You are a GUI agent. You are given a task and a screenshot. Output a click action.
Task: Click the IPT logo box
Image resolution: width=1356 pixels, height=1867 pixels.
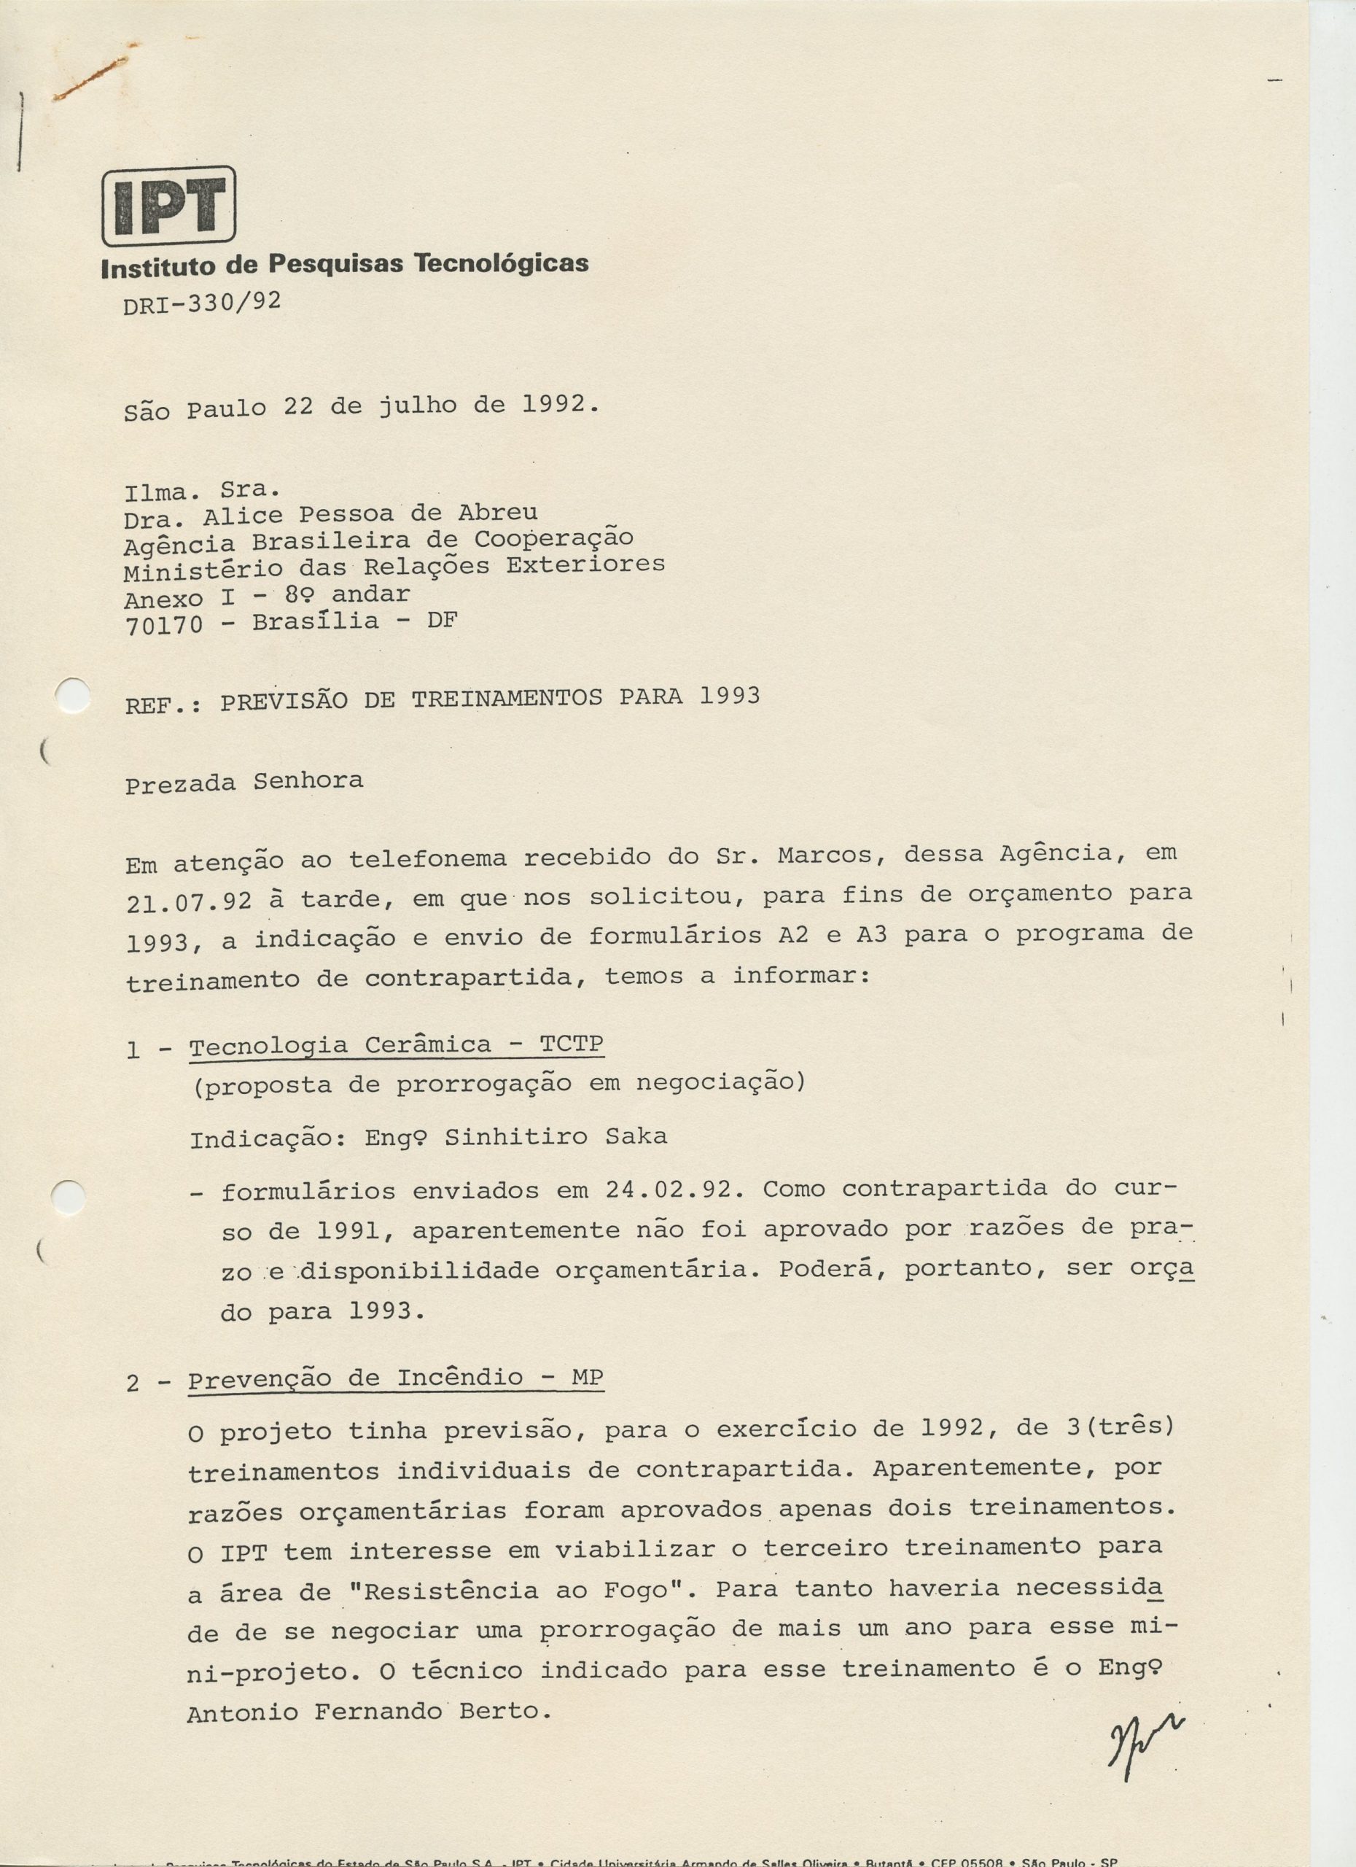pos(168,205)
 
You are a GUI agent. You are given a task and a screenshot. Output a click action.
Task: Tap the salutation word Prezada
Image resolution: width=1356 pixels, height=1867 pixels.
pos(180,784)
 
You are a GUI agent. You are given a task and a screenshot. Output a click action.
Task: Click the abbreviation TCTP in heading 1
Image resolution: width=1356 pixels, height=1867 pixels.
pos(571,1044)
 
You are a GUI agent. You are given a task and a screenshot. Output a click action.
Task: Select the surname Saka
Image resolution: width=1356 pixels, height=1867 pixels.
pos(636,1137)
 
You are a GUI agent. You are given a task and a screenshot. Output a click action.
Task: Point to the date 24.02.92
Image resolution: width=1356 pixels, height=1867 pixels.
pos(677,1189)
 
